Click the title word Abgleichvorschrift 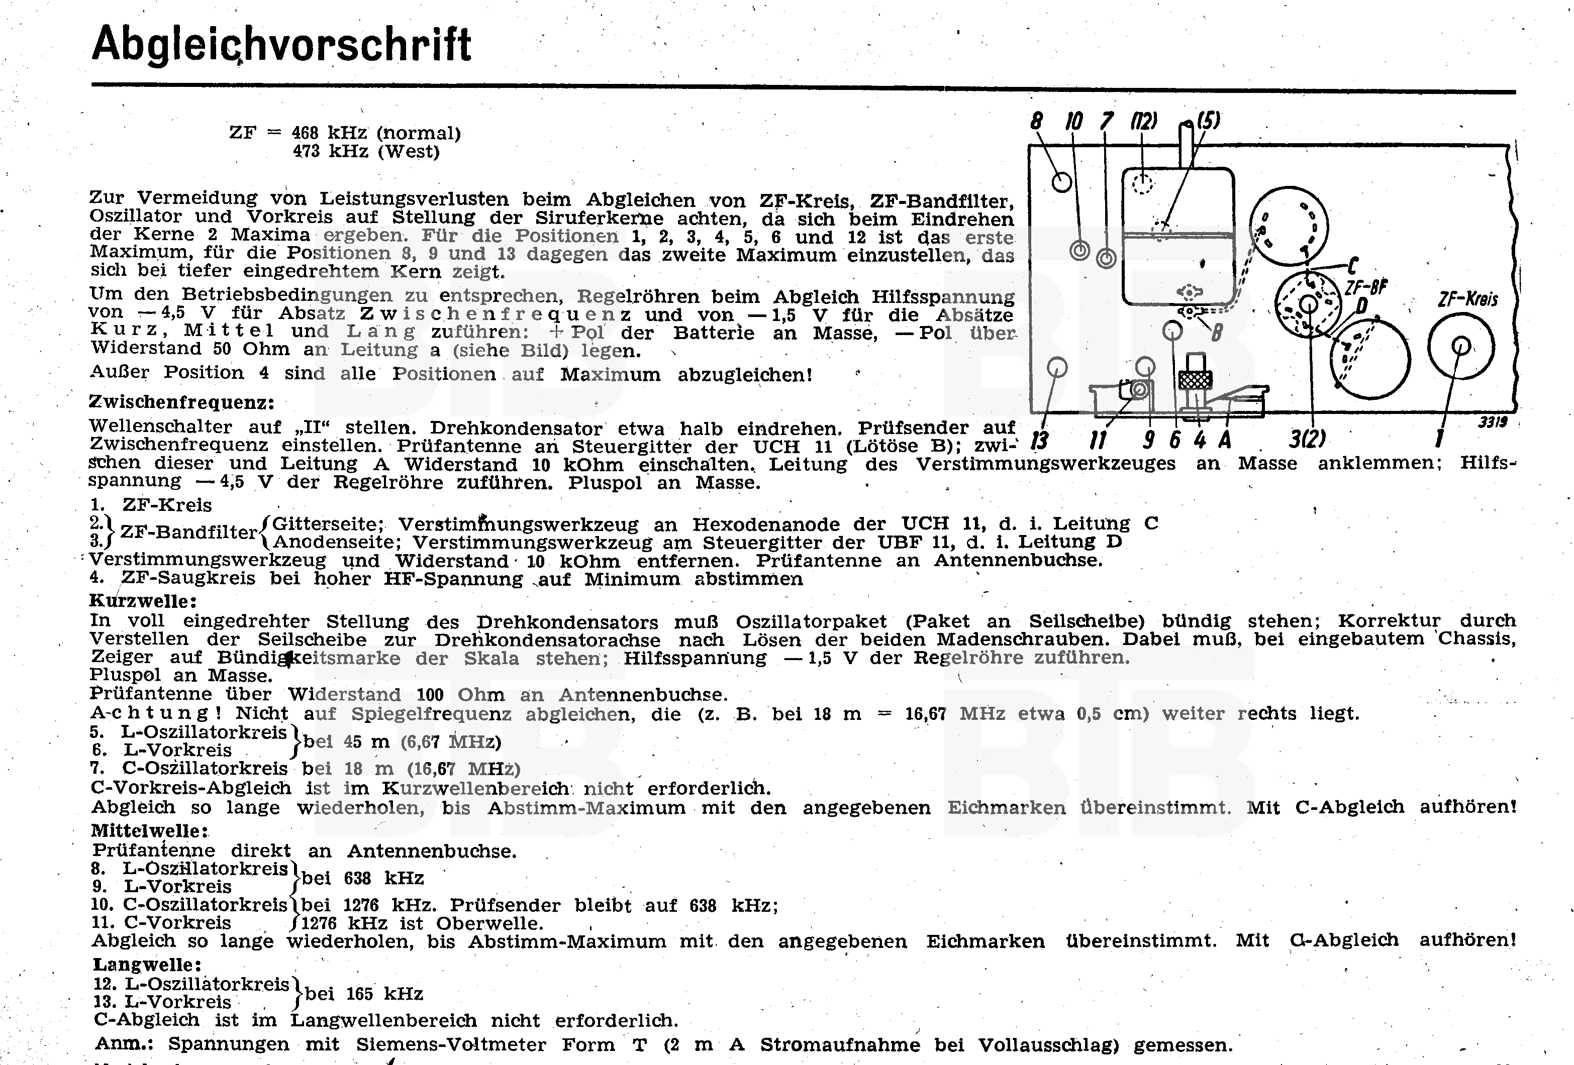281,45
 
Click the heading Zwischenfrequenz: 181,402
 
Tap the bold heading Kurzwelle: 143,600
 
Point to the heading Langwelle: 147,964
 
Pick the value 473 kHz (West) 366,151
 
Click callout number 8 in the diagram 1036,122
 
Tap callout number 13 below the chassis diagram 1039,441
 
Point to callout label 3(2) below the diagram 1307,440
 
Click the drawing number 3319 1492,422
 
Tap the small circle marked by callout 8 1061,181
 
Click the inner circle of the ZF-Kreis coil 1461,346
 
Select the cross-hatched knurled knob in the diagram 1196,380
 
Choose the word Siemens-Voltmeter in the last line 451,1045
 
